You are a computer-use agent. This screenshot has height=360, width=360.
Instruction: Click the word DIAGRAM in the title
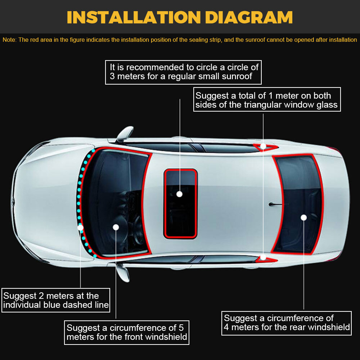point(249,17)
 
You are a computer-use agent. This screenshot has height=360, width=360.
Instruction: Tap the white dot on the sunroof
point(179,194)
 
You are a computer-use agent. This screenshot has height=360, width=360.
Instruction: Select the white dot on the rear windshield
point(303,217)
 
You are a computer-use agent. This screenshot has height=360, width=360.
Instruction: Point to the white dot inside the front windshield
point(116,227)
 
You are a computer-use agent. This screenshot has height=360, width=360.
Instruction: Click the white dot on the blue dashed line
point(80,228)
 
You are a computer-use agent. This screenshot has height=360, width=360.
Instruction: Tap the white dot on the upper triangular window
point(263,146)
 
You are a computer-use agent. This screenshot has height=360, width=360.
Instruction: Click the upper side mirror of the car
point(125,134)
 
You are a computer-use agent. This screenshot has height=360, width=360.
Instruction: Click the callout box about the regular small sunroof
point(183,72)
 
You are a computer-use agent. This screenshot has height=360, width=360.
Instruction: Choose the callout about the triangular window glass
point(267,99)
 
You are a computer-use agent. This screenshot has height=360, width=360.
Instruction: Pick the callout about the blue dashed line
point(56,300)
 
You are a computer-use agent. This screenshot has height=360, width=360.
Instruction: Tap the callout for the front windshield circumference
point(127,332)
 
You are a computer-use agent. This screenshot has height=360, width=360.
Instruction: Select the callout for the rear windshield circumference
point(286,323)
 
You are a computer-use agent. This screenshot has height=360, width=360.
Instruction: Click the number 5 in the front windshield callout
point(181,328)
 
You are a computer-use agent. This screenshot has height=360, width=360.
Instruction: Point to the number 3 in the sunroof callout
point(112,76)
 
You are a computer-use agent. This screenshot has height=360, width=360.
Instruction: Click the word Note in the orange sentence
point(9,40)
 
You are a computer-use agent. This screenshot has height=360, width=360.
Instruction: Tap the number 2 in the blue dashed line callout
point(41,296)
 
